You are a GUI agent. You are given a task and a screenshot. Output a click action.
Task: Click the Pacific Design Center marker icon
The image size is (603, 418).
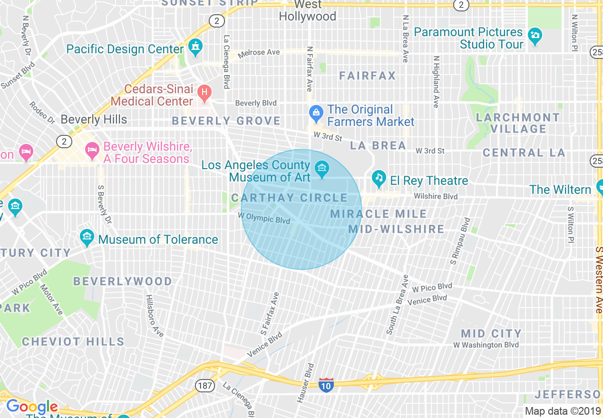pyautogui.click(x=195, y=47)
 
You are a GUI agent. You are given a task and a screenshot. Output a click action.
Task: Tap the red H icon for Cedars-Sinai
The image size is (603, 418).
pyautogui.click(x=204, y=92)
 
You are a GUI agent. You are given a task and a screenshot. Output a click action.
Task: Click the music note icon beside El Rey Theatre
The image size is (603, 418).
pyautogui.click(x=379, y=178)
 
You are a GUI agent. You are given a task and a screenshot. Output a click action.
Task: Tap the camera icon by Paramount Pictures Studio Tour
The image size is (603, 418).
pyautogui.click(x=535, y=36)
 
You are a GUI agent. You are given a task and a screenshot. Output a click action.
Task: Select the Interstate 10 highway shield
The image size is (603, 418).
pyautogui.click(x=326, y=385)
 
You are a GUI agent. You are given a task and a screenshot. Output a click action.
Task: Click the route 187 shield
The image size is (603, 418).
pyautogui.click(x=204, y=385)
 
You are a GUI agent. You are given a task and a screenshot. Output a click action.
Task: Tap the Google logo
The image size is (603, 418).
pyautogui.click(x=32, y=407)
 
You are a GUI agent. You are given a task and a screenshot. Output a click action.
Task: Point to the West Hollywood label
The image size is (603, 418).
pyautogui.click(x=307, y=10)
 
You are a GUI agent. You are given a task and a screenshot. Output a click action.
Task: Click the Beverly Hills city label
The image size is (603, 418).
pyautogui.click(x=94, y=119)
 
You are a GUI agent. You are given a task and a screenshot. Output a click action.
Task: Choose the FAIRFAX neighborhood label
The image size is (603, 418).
pyautogui.click(x=368, y=76)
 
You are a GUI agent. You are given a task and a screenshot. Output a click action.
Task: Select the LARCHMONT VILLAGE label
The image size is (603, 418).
pyautogui.click(x=518, y=123)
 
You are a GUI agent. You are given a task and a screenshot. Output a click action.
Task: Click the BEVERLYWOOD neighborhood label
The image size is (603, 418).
pyautogui.click(x=123, y=282)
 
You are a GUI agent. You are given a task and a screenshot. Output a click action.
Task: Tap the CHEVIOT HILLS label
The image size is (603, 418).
pyautogui.click(x=73, y=342)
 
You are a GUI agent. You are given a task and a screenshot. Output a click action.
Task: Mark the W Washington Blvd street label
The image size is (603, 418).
pyautogui.click(x=486, y=345)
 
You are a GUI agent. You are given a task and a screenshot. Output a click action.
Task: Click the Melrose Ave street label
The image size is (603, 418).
pyautogui.click(x=259, y=52)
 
